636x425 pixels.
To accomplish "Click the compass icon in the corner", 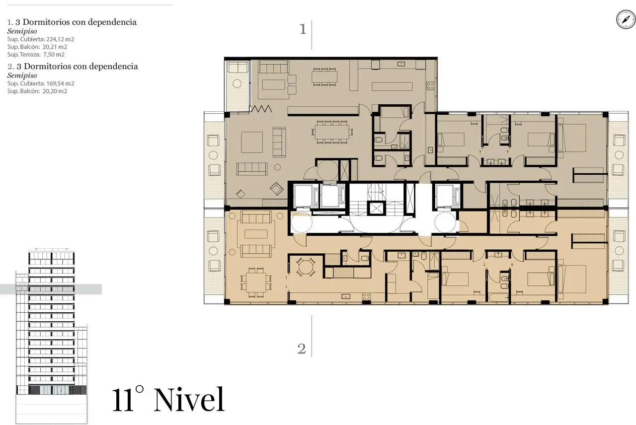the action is coord(626,19).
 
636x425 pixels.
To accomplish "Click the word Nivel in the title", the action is coord(189,400).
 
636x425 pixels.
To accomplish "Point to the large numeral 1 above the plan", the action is coord(303,29).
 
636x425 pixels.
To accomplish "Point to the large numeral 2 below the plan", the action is coord(302,349).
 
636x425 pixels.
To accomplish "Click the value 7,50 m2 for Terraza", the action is coord(54,55).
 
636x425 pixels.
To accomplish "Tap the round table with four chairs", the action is coord(306,267).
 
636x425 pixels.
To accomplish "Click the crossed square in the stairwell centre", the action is coord(376,209).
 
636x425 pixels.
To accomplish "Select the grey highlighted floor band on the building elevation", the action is coord(51,289).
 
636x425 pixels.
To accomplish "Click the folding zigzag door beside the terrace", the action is coord(261,109).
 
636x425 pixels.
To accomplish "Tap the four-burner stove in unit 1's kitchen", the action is coord(430,86).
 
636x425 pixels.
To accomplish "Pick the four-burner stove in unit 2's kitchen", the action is coord(366,297).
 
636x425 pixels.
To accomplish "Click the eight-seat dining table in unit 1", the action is coord(332,132).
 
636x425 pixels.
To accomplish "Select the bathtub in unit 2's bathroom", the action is coord(499,297).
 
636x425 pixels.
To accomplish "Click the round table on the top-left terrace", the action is coord(237,83).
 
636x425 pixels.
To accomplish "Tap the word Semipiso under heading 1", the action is coord(22,31).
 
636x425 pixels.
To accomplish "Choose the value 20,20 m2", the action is coord(55,91).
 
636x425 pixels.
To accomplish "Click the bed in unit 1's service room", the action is coord(395,113).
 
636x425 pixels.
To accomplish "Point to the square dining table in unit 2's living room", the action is coord(256,282).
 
